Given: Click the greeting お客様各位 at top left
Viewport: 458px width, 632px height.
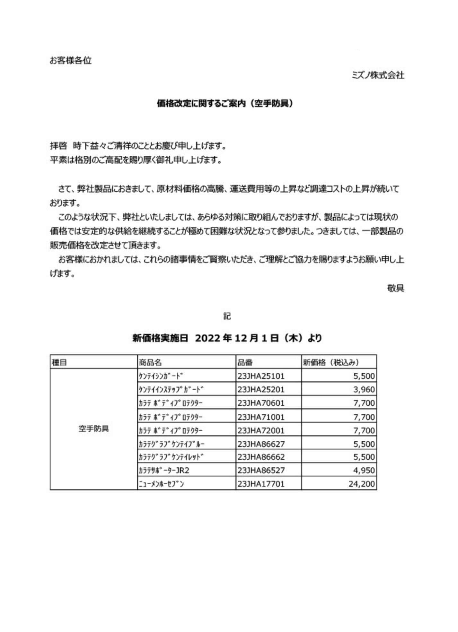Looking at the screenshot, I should pos(71,61).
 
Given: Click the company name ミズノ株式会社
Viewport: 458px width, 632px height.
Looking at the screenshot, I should pos(378,75).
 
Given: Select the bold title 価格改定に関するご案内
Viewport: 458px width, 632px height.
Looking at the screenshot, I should pos(225,104).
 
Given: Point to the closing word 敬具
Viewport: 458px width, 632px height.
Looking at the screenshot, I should pos(395,288).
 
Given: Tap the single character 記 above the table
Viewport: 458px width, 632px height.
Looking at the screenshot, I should pos(227,316).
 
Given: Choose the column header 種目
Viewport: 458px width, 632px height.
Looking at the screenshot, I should pos(59,363).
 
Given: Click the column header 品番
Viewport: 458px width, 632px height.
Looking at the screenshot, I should pos(245,363).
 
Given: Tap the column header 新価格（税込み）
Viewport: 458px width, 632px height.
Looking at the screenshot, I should pos(331,363).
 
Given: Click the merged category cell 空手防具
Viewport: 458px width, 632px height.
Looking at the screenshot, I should pos(94,429).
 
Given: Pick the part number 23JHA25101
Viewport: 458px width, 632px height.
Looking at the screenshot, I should pos(261,376).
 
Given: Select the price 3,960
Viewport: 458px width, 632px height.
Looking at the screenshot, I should pos(364,390).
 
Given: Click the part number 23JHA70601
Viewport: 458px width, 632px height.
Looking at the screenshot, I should pos(261,403).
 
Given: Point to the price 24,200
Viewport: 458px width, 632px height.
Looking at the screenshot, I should pos(362,484).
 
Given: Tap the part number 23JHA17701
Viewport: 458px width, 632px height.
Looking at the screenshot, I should pos(261,484).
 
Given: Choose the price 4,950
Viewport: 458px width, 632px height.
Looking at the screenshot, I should pos(364,471).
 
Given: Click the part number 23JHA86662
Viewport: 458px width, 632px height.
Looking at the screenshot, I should pos(261,457).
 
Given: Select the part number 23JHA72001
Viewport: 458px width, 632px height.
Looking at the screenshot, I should pos(261,430).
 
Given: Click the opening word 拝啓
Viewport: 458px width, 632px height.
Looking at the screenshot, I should pos(58,146).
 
